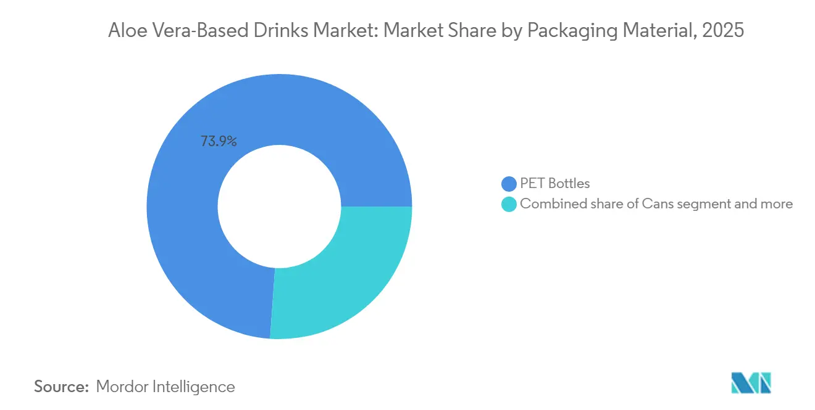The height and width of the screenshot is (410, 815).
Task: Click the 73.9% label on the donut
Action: pyautogui.click(x=219, y=141)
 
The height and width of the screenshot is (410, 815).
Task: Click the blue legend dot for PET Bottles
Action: pyautogui.click(x=509, y=184)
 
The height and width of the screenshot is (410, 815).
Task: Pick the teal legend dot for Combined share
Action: pyautogui.click(x=509, y=204)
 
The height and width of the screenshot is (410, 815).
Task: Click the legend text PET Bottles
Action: pyautogui.click(x=555, y=184)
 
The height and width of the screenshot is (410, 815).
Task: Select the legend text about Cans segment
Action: pyautogui.click(x=656, y=204)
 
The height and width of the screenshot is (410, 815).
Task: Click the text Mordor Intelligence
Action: pyautogui.click(x=165, y=387)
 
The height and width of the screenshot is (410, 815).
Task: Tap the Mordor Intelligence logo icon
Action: pyautogui.click(x=751, y=383)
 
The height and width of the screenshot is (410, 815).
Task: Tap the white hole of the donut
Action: pyautogui.click(x=279, y=207)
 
